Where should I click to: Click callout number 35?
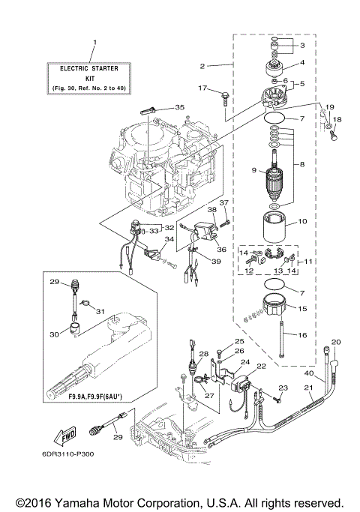tap(178, 107)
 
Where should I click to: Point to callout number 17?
tap(202, 88)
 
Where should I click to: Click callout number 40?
tap(309, 373)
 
